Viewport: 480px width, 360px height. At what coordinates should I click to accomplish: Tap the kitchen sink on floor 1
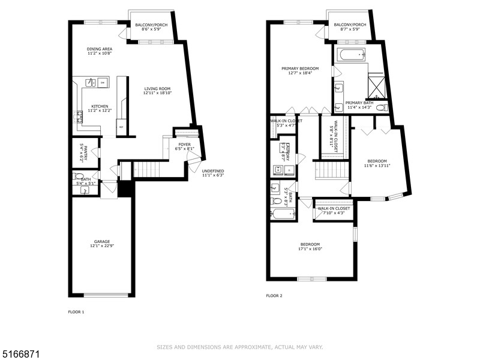90,82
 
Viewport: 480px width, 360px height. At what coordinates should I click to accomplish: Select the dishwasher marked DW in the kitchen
103,82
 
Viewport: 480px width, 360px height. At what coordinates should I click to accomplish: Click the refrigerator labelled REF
121,127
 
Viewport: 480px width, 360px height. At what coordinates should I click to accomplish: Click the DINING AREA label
99,51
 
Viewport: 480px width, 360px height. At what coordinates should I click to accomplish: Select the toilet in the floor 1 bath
78,176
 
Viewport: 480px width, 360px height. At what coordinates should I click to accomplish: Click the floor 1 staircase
148,170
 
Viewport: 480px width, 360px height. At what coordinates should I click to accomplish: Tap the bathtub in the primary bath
350,55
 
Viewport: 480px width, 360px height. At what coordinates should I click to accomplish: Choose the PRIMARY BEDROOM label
300,71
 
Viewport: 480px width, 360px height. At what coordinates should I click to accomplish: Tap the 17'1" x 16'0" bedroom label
310,246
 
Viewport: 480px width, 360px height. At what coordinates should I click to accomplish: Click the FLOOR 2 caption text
274,296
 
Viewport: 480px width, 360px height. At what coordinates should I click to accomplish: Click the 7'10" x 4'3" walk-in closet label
334,211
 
